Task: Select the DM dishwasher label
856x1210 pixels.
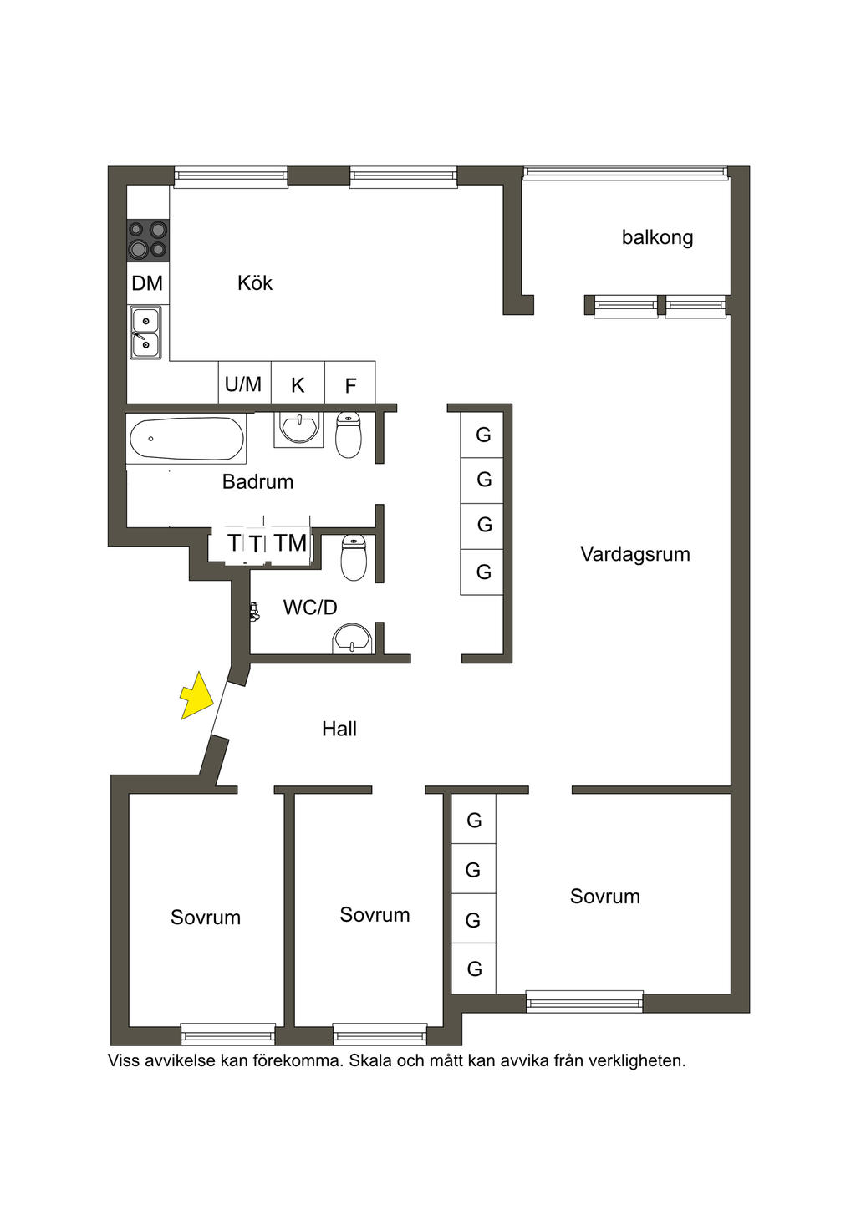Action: pos(147,283)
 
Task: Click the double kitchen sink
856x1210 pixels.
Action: pos(145,333)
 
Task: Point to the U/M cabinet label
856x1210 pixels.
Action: pos(243,384)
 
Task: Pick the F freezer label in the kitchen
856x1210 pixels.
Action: pos(350,386)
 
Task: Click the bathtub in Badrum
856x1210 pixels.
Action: pos(186,439)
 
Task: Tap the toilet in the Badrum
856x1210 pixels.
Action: pos(349,435)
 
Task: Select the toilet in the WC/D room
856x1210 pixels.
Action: pos(354,558)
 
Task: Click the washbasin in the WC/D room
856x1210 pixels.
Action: pos(352,639)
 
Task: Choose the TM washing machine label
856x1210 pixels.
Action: pos(291,543)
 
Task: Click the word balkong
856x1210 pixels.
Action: pos(657,237)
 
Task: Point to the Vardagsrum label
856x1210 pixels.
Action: pos(635,554)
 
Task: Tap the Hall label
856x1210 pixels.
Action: pos(339,729)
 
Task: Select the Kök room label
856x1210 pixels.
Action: pos(254,283)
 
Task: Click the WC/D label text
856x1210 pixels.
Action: pos(310,608)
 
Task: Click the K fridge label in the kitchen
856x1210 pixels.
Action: pos(298,385)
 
